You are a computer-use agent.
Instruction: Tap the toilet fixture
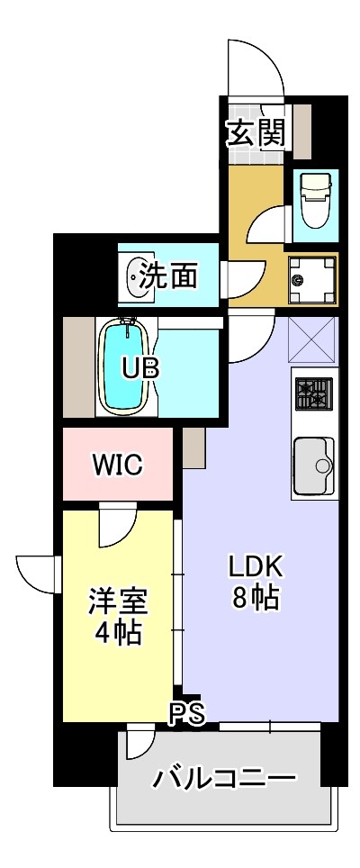pos(314,200)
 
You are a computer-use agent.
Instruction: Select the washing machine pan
pos(311,280)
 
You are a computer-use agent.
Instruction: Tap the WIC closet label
pos(116,466)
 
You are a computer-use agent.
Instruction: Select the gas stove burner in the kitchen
pos(312,393)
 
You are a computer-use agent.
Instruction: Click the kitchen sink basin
pos(311,466)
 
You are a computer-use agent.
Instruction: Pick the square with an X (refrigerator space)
pos(313,341)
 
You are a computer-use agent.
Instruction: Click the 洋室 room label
pos(117,601)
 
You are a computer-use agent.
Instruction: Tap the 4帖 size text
pos(117,632)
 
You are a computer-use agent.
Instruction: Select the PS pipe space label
pos(188,713)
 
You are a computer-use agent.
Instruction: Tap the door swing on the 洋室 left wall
pos(39,573)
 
